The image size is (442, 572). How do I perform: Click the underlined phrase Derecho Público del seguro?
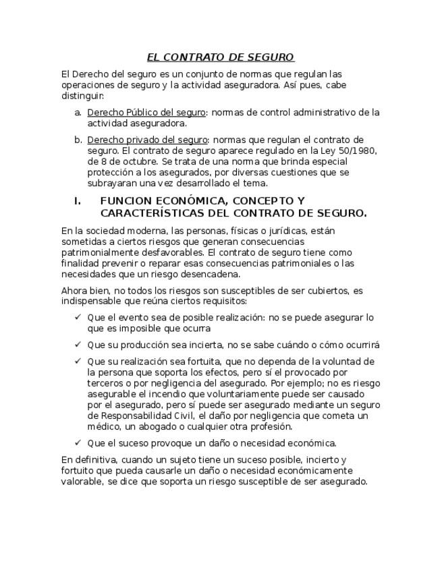click(x=146, y=113)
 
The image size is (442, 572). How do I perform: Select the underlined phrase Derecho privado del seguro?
click(x=147, y=140)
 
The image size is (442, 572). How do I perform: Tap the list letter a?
click(x=78, y=113)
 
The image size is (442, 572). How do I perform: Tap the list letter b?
click(x=78, y=140)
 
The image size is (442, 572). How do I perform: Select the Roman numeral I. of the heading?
click(x=78, y=201)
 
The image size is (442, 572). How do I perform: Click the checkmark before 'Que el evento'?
click(x=78, y=317)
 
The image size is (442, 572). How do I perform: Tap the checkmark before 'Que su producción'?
click(x=78, y=345)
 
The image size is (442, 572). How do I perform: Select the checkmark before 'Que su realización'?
click(x=78, y=361)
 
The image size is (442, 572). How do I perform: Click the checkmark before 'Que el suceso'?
click(x=78, y=443)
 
